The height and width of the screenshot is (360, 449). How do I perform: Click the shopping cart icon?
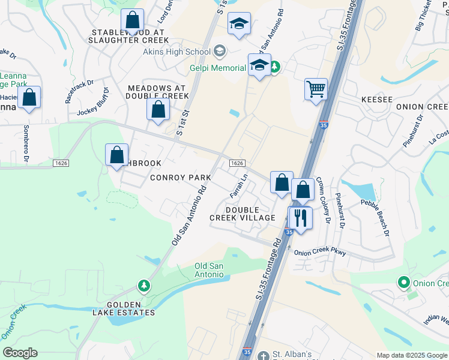pyautogui.click(x=316, y=90)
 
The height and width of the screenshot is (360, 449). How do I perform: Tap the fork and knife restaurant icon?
pyautogui.click(x=300, y=217)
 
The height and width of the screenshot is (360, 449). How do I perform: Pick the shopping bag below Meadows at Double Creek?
pyautogui.click(x=158, y=110)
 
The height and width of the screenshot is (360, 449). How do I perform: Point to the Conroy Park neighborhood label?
pyautogui.click(x=180, y=178)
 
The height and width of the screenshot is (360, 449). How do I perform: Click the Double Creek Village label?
pyautogui.click(x=242, y=213)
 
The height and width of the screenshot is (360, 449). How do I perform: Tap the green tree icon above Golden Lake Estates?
pyautogui.click(x=143, y=287)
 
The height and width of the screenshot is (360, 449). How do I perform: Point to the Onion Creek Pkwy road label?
pyautogui.click(x=320, y=253)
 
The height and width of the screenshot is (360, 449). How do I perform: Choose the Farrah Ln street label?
pyautogui.click(x=239, y=187)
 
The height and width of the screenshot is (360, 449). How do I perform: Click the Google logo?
pyautogui.click(x=20, y=353)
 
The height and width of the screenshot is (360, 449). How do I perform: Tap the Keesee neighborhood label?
pyautogui.click(x=376, y=99)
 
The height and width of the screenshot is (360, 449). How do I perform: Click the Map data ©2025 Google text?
pyautogui.click(x=411, y=355)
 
